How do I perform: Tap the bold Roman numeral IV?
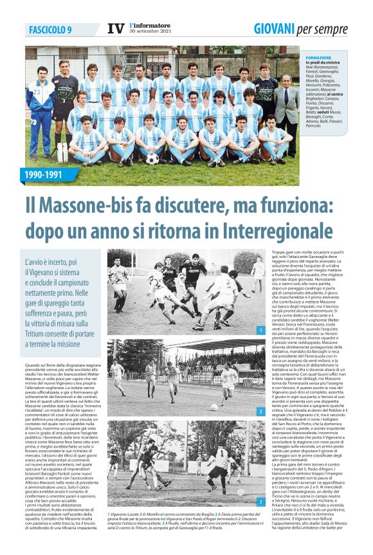click(114, 29)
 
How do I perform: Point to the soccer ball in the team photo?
click(152, 158)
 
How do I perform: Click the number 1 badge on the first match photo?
click(260, 330)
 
